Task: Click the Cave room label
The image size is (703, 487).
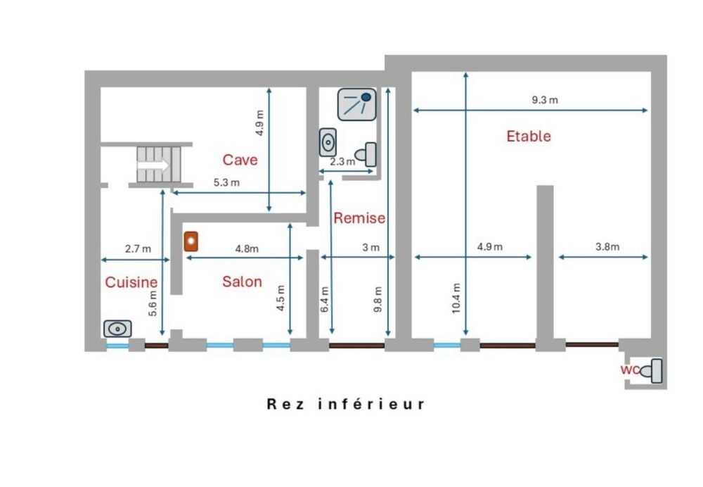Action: tap(240, 160)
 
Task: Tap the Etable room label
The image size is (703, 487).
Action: tap(529, 136)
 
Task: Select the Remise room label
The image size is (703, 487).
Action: tap(359, 218)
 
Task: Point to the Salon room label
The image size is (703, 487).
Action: tap(242, 282)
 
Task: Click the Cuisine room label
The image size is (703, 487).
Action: tap(131, 282)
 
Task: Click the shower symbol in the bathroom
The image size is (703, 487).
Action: tap(357, 105)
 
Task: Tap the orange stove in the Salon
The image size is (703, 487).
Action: tap(191, 241)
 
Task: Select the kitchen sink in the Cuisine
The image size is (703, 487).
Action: tap(117, 329)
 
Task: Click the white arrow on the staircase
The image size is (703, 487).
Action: tap(153, 165)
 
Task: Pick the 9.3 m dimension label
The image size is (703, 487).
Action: tap(545, 100)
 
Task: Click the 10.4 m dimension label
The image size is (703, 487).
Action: tap(456, 298)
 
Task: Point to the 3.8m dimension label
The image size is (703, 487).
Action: tap(607, 246)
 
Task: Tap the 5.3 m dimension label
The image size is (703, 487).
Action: tap(226, 182)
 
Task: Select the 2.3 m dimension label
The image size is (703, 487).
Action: tap(342, 162)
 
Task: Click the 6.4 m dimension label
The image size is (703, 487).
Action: tap(325, 299)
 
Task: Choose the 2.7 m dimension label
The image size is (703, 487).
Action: tap(138, 248)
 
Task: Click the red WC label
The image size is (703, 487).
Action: tap(629, 370)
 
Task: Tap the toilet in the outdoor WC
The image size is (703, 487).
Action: tap(652, 371)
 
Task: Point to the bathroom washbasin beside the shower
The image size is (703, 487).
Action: tap(328, 142)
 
